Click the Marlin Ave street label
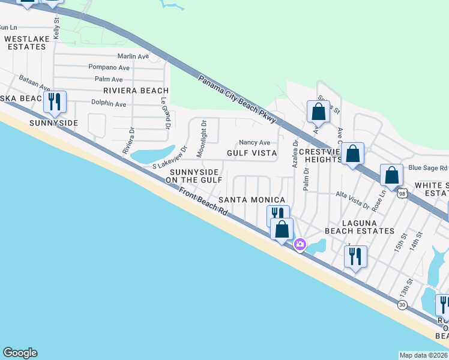(x=133, y=56)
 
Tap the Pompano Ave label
(x=105, y=67)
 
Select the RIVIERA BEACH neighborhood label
(x=136, y=91)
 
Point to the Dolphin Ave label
(x=109, y=104)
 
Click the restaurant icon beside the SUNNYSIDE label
(x=55, y=103)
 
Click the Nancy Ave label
(x=255, y=143)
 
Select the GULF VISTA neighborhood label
(x=252, y=153)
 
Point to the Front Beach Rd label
(x=204, y=202)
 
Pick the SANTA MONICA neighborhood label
(x=252, y=199)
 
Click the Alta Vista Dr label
(x=352, y=200)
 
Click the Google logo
(x=20, y=353)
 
